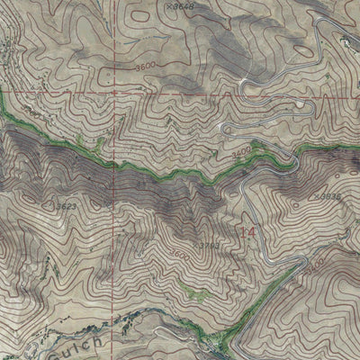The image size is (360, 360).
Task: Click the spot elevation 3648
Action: [x=185, y=6]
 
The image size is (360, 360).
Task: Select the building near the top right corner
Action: [x=347, y=40]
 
